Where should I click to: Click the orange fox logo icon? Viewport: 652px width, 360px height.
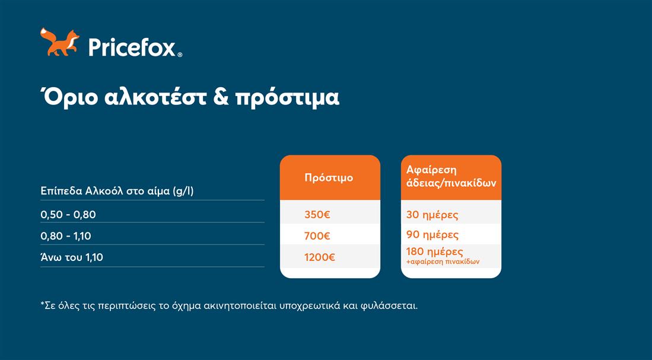(60, 42)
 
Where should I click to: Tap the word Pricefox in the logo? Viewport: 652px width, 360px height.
(133, 47)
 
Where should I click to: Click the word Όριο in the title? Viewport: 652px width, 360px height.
(69, 97)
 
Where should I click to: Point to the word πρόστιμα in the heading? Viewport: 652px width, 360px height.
(287, 98)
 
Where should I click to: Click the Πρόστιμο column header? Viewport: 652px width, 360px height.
(329, 177)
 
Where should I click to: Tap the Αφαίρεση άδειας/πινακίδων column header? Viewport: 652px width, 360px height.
(451, 176)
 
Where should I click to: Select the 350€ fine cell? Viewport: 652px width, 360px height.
(317, 215)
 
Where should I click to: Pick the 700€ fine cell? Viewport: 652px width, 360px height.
(317, 235)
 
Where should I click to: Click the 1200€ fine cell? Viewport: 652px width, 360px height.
(319, 257)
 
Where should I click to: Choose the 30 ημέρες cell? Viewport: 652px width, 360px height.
(432, 215)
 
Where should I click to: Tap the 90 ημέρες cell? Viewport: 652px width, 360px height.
(432, 235)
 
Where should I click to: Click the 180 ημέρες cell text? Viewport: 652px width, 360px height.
(434, 251)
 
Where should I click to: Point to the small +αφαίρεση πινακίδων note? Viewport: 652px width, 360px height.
(443, 262)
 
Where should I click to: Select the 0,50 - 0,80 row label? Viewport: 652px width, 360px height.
(68, 215)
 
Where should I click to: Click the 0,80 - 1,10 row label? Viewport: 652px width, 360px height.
(66, 235)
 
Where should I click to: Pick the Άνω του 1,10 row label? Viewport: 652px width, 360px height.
(72, 257)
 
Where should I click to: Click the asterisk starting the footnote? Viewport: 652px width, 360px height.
(42, 304)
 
